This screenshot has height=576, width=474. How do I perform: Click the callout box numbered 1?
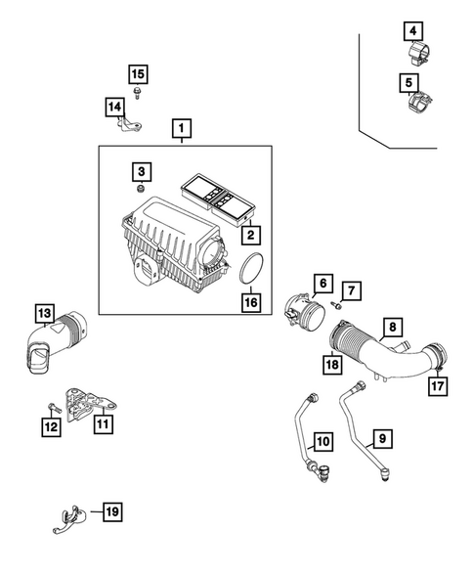tap(182, 128)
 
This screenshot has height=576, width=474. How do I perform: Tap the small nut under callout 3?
tap(140, 189)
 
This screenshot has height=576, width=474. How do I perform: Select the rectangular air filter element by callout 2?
tap(218, 199)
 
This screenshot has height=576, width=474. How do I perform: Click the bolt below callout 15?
tap(137, 93)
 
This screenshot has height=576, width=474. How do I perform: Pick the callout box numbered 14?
tap(114, 107)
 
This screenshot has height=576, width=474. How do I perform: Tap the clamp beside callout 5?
tap(420, 101)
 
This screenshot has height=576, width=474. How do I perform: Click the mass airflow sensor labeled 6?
tap(305, 310)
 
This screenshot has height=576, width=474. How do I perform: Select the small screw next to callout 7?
tap(336, 304)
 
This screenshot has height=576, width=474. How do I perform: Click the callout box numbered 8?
tap(393, 327)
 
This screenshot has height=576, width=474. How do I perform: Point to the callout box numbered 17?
tap(438, 385)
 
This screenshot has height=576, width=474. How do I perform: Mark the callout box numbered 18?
tap(332, 365)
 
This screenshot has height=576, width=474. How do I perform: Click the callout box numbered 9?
tap(382, 438)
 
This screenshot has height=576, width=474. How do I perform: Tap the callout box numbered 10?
tap(323, 441)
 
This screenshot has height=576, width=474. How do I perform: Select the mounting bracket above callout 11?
tap(90, 404)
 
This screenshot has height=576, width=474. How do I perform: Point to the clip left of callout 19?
tap(69, 519)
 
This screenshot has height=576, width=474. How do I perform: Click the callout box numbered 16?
tap(251, 302)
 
